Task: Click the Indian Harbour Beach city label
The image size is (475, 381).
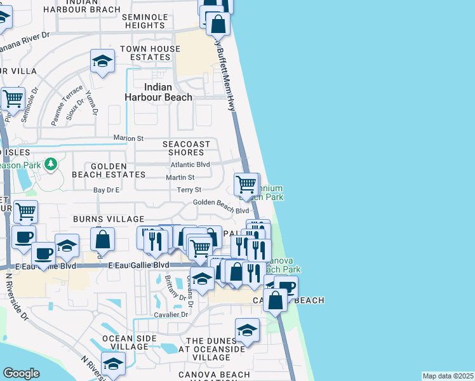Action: click(158, 92)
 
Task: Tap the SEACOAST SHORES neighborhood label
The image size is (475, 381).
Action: click(186, 148)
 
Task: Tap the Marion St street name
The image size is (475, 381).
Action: click(129, 138)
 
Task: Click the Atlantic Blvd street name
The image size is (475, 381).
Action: click(190, 164)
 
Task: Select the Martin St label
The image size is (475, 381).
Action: click(180, 177)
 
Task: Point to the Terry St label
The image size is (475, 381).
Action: click(189, 190)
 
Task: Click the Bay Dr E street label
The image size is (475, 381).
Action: click(107, 190)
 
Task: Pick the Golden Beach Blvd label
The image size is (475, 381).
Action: click(221, 203)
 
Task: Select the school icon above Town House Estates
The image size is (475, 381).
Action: click(102, 62)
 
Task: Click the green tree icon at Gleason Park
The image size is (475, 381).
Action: click(51, 165)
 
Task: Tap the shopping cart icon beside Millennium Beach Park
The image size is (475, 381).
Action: click(246, 185)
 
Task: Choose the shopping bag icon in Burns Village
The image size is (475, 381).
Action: click(102, 239)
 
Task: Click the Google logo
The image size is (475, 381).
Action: click(21, 373)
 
